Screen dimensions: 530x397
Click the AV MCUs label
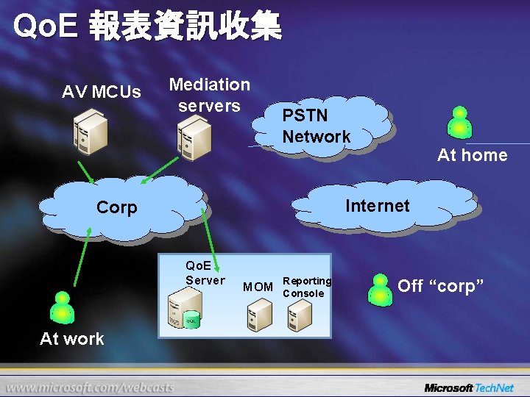102,93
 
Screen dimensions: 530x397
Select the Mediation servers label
210,96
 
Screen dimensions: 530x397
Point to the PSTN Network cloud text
317,126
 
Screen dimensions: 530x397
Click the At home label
472,155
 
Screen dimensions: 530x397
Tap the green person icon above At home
460,122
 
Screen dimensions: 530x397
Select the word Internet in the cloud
377,206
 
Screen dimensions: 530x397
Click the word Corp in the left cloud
117,208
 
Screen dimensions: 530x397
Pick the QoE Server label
205,273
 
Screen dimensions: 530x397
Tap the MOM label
258,287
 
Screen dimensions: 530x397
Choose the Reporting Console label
307,287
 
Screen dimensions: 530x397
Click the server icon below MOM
260,315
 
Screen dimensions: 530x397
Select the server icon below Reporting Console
300,315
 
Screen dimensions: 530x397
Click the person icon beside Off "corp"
380,288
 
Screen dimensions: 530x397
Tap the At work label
72,339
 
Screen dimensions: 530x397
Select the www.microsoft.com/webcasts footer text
91,387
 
